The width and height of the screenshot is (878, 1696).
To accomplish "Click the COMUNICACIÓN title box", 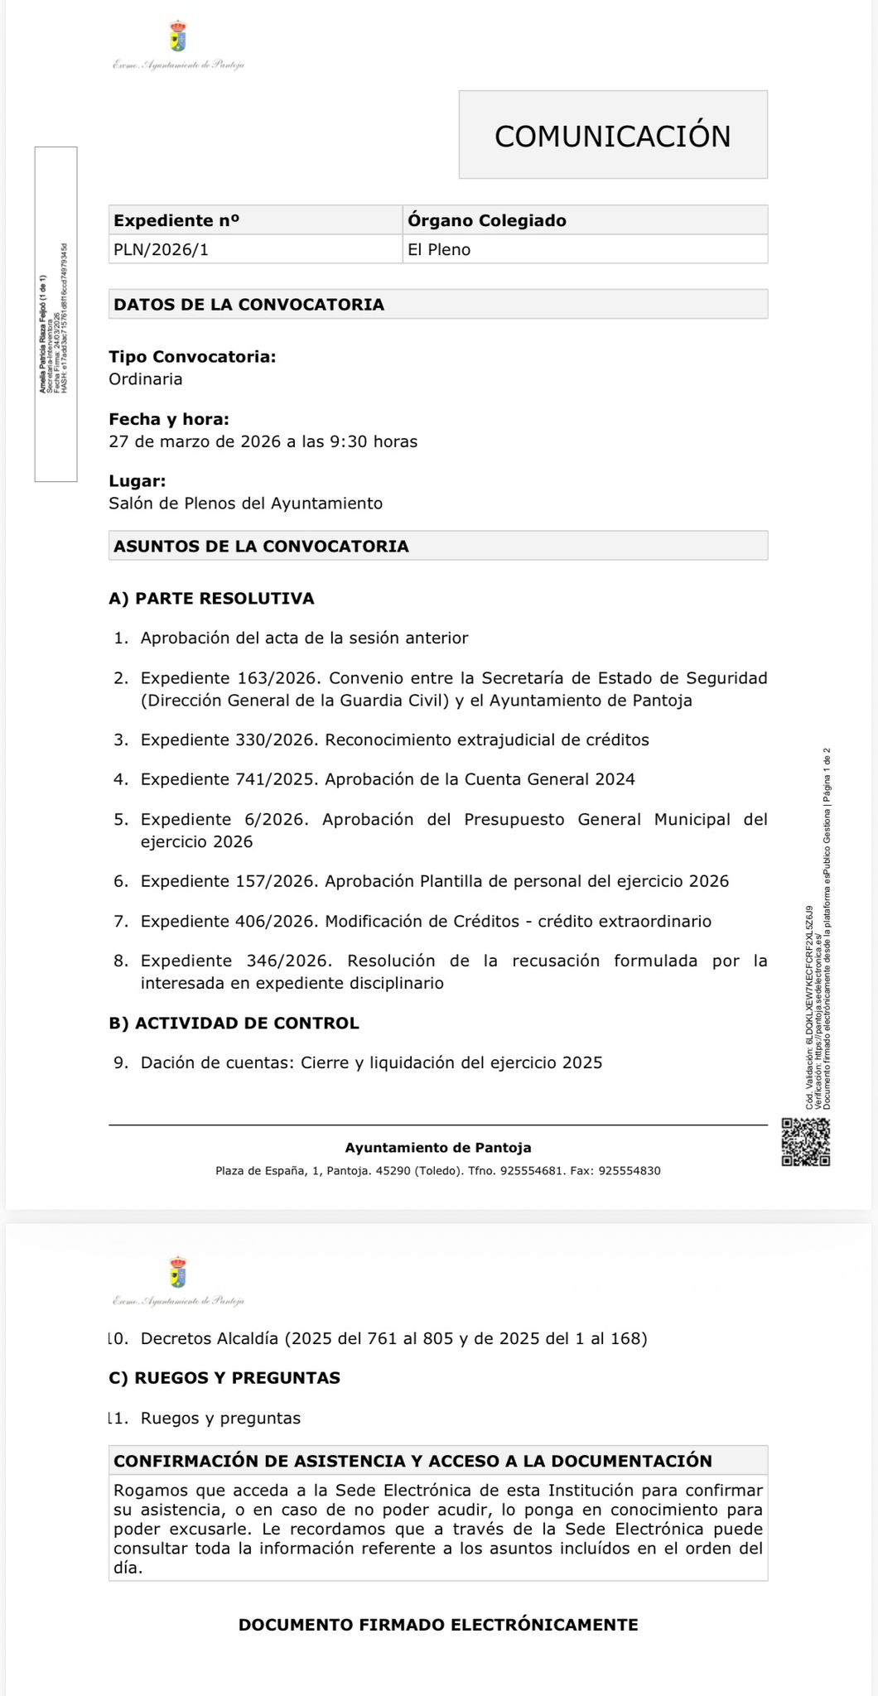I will (x=613, y=135).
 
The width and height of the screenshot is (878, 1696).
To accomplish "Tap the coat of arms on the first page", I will (x=178, y=37).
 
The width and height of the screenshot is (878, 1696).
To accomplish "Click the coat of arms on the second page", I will (x=178, y=1272).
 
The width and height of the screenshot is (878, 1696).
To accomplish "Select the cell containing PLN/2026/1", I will (x=255, y=249).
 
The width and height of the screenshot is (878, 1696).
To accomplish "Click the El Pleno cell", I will (x=585, y=249).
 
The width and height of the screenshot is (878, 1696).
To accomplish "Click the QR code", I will (x=805, y=1142).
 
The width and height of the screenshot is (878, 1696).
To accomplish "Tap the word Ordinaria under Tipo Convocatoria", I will (x=146, y=379).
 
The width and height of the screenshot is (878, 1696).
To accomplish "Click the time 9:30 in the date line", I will (x=349, y=441).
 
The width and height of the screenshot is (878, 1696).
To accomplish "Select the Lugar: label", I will (x=137, y=481).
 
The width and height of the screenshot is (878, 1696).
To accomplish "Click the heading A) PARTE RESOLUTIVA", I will (x=211, y=599).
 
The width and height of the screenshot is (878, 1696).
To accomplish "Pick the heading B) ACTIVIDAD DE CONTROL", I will (x=234, y=1024).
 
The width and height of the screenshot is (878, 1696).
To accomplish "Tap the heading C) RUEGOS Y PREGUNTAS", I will (x=224, y=1378).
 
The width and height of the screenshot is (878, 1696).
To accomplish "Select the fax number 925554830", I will (x=629, y=1171).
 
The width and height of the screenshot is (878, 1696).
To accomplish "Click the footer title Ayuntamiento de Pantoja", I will (x=438, y=1148).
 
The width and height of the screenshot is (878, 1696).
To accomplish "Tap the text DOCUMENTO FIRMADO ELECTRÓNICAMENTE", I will (x=438, y=1625).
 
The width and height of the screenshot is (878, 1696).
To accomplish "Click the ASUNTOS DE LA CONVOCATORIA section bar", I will (x=438, y=546).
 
